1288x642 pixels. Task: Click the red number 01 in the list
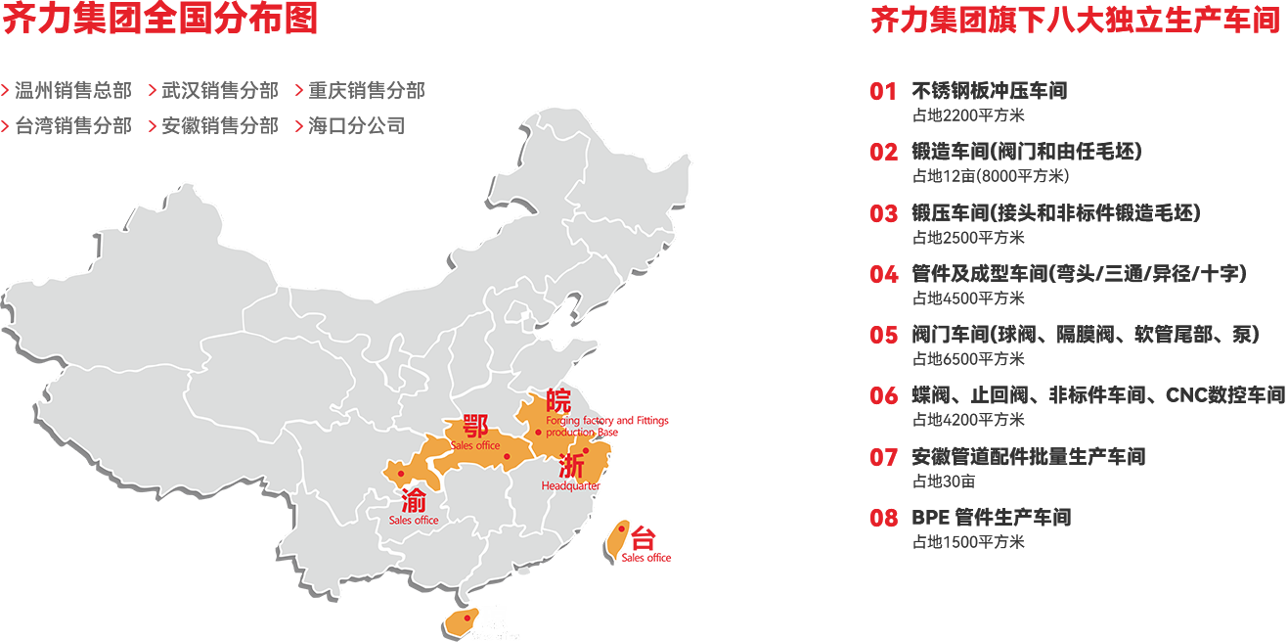pyautogui.click(x=883, y=92)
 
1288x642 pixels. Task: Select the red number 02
pyautogui.click(x=883, y=153)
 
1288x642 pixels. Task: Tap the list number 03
pyautogui.click(x=883, y=213)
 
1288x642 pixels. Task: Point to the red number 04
pyautogui.click(x=883, y=274)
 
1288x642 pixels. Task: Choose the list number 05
pyautogui.click(x=883, y=335)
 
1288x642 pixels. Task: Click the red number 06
pyautogui.click(x=883, y=395)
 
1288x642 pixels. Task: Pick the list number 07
pyautogui.click(x=883, y=457)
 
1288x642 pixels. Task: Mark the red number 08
pyautogui.click(x=883, y=518)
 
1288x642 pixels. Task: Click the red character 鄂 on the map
pyautogui.click(x=476, y=426)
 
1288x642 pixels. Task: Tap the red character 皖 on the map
pyautogui.click(x=558, y=400)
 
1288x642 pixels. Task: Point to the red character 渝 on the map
pyautogui.click(x=413, y=502)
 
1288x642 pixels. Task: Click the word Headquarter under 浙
pyautogui.click(x=570, y=486)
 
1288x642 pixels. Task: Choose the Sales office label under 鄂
pyautogui.click(x=476, y=446)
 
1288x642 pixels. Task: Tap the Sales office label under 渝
pyautogui.click(x=414, y=521)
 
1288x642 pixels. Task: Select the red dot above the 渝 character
pyautogui.click(x=401, y=474)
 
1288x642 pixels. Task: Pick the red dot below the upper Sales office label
pyautogui.click(x=507, y=457)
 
